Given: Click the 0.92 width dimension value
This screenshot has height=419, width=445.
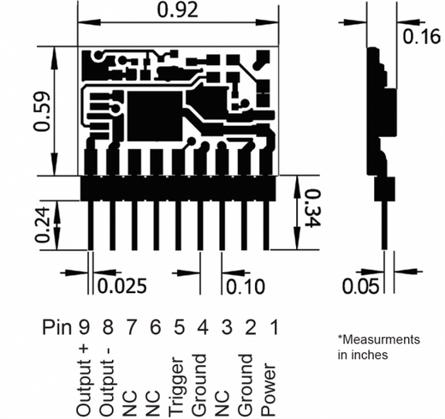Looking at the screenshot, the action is click(177, 10).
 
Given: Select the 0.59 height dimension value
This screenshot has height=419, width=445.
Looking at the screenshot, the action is click(42, 111).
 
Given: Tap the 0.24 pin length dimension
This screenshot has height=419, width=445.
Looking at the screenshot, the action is click(42, 224).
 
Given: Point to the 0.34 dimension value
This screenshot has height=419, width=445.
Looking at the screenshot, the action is click(312, 207).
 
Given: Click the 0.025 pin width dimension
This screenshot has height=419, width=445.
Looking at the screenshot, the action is click(122, 285).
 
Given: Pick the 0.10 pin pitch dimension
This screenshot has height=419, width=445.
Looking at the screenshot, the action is click(246, 286).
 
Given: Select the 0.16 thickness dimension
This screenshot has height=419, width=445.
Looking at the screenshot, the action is click(421, 36).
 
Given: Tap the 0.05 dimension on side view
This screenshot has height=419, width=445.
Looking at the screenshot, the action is click(360, 286).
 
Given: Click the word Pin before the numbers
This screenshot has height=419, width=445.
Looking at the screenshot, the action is click(57, 327).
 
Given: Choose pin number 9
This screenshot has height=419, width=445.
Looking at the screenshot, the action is click(84, 327).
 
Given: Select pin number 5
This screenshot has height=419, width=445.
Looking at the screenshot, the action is click(179, 327).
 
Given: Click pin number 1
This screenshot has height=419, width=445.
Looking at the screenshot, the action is click(274, 327).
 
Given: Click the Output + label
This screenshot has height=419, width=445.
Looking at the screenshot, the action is click(85, 380).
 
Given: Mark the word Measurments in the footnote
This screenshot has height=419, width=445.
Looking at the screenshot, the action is click(382, 339).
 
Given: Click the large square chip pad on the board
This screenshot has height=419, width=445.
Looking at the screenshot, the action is click(154, 116).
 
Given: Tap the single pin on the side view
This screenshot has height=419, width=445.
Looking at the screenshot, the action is click(385, 225).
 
